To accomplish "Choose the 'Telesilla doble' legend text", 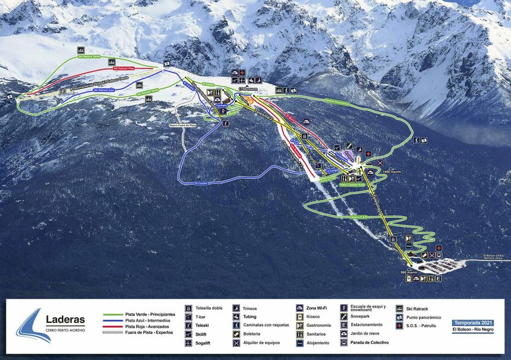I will click(209, 308).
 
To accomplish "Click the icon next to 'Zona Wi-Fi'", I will click(300, 308).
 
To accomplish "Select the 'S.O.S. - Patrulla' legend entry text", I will click(426, 326).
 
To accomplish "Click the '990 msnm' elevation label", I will click(409, 272).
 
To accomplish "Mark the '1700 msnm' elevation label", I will click(247, 89).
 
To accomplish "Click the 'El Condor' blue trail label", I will click(201, 184).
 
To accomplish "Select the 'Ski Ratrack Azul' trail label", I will click(103, 90).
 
